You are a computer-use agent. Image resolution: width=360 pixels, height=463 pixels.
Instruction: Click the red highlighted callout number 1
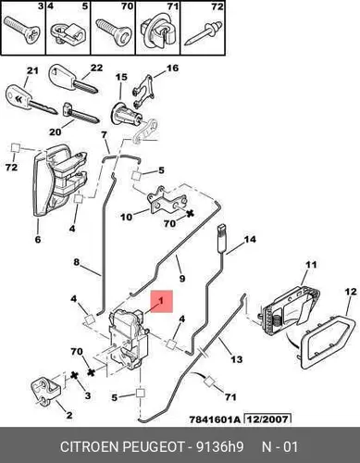pyautogui.click(x=161, y=301)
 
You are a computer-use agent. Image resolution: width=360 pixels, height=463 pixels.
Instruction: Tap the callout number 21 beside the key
pyautogui.click(x=31, y=70)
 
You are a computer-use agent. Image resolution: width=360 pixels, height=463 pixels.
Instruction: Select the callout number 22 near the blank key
pyautogui.click(x=96, y=68)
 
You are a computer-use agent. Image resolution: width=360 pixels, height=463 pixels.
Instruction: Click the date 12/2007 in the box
pyautogui.click(x=267, y=419)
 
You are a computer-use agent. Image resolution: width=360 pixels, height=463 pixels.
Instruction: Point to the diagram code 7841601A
pyautogui.click(x=215, y=419)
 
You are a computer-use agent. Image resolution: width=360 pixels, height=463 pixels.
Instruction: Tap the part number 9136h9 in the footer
pyautogui.click(x=219, y=447)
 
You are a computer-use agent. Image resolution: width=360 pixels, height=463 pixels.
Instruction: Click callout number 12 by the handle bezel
pyautogui.click(x=351, y=292)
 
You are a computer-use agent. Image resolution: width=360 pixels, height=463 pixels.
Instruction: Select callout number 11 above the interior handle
pyautogui.click(x=311, y=265)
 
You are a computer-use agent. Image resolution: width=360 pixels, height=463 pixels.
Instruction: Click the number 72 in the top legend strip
pyautogui.click(x=217, y=6)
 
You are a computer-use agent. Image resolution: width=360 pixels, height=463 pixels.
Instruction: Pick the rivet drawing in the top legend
pyautogui.click(x=203, y=34)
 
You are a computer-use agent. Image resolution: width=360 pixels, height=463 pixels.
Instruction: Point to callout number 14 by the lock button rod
pyautogui.click(x=250, y=239)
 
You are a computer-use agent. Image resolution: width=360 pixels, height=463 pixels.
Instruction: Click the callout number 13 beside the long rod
pyautogui.click(x=237, y=359)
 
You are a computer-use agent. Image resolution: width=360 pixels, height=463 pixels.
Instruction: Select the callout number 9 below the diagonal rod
pyautogui.click(x=182, y=279)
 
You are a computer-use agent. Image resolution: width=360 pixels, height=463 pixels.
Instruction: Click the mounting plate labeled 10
pyautogui.click(x=168, y=203)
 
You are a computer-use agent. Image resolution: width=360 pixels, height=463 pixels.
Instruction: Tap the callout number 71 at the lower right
pyautogui.click(x=230, y=397)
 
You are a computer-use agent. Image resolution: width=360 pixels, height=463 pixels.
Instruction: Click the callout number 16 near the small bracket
pyautogui.click(x=173, y=68)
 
